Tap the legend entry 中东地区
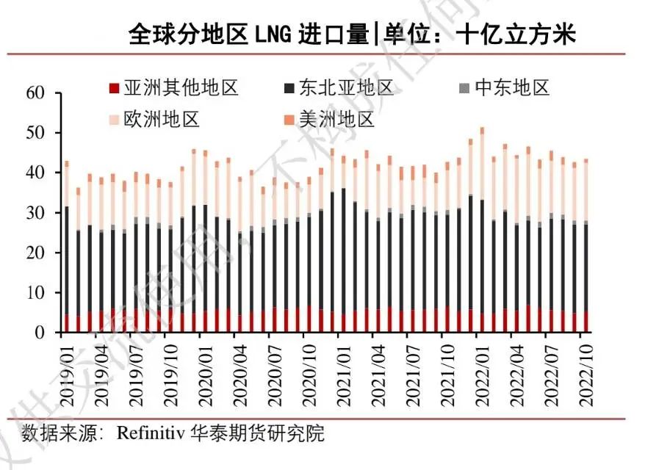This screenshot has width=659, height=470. [512, 89]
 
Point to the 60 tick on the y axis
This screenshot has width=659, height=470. [35, 93]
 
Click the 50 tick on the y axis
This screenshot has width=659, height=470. [35, 133]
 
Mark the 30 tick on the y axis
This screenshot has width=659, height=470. [35, 213]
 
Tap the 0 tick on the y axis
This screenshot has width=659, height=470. [40, 333]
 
